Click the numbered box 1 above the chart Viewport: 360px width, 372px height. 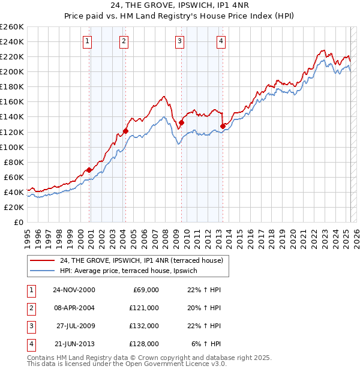point(88,41)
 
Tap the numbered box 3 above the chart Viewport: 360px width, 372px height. point(179,41)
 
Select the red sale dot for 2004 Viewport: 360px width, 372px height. point(125,131)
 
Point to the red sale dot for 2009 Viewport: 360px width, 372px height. point(181,122)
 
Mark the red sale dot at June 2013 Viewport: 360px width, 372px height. point(223,125)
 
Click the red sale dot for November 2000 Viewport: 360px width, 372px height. point(89,170)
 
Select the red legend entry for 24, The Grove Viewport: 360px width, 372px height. point(141,260)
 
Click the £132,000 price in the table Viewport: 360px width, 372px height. point(145,326)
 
